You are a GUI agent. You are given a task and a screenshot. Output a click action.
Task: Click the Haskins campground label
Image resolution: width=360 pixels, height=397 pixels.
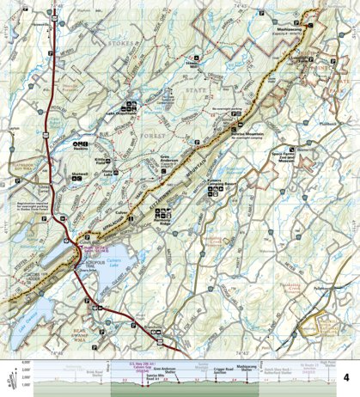[82, 148]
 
